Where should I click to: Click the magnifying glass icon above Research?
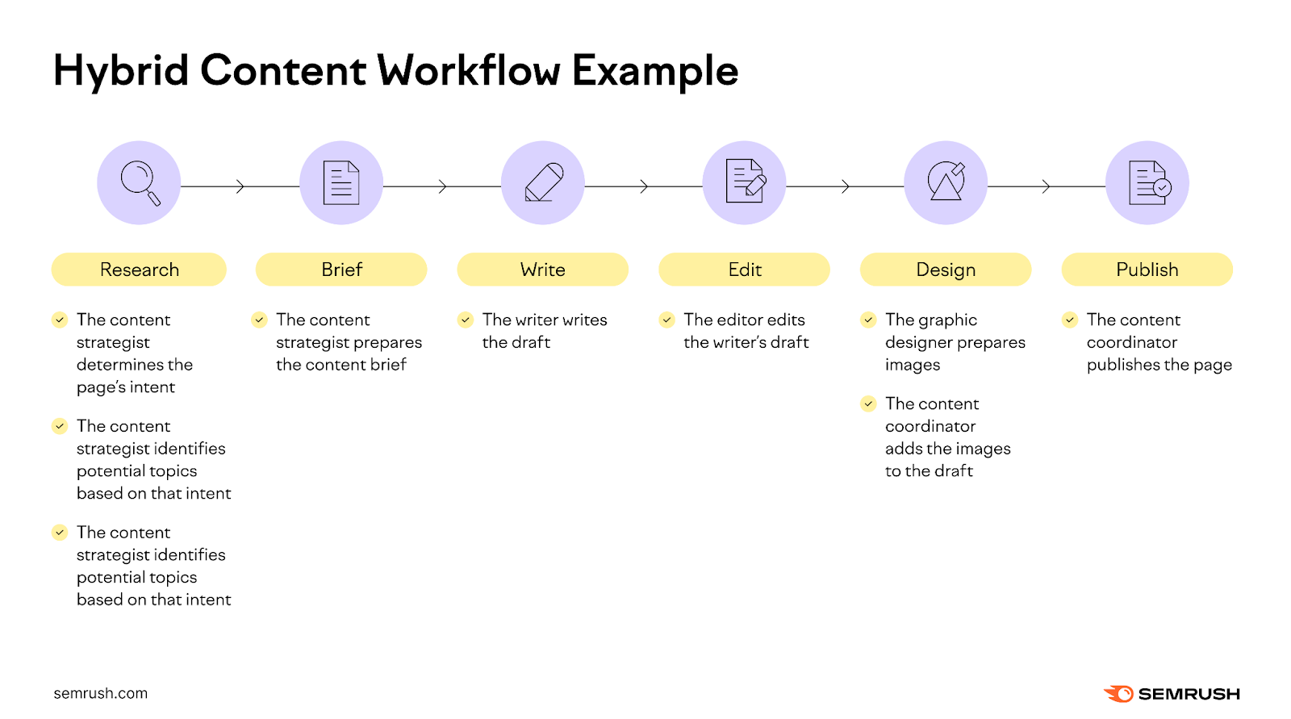click(x=140, y=183)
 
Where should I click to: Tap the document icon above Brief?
click(x=341, y=182)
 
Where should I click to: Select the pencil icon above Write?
click(x=543, y=182)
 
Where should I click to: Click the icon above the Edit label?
click(x=745, y=182)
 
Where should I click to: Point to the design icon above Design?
click(x=946, y=182)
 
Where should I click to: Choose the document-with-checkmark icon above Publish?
click(x=1148, y=182)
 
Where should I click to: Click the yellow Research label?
click(x=139, y=270)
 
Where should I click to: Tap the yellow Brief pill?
click(x=341, y=270)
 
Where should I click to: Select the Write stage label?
click(x=542, y=270)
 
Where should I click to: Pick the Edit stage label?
click(x=744, y=270)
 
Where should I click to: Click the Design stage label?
click(x=946, y=270)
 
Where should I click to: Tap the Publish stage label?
click(x=1147, y=270)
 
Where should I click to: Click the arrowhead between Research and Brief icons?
click(x=240, y=186)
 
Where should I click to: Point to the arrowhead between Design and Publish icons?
click(x=1046, y=186)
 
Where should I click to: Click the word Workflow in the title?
click(x=469, y=70)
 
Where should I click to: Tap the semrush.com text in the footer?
click(x=101, y=693)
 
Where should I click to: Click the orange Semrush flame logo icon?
click(x=1118, y=694)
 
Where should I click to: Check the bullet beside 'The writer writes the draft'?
click(x=466, y=320)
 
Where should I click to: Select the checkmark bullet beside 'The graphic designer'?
click(x=868, y=320)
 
